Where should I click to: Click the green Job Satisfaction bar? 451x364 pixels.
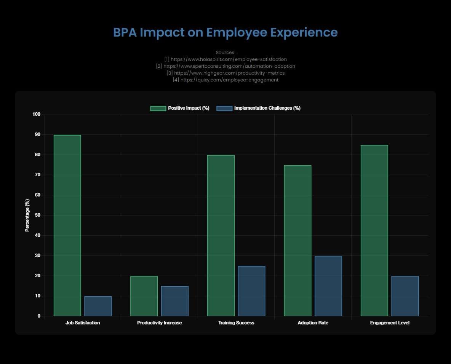click(67, 225)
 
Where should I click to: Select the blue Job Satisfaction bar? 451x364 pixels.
click(98, 306)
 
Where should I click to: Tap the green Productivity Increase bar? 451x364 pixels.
click(144, 296)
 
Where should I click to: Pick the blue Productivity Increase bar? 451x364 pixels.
click(175, 301)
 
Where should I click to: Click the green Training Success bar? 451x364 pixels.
click(221, 235)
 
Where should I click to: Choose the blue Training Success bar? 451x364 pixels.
click(251, 291)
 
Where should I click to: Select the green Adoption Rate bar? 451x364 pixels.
click(297, 241)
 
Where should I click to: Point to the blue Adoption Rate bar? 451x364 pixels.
click(328, 286)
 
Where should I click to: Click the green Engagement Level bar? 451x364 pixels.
click(374, 230)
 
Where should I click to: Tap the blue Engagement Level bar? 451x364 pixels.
click(405, 296)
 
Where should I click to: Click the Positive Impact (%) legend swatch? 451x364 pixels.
click(158, 108)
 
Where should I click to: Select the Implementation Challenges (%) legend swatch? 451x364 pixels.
click(224, 108)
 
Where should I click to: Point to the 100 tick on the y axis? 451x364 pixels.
click(37, 115)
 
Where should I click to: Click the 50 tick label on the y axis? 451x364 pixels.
click(38, 215)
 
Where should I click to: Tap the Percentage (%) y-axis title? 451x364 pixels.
click(27, 215)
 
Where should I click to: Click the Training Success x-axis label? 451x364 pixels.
click(236, 323)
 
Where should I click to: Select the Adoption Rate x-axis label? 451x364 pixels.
click(313, 323)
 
